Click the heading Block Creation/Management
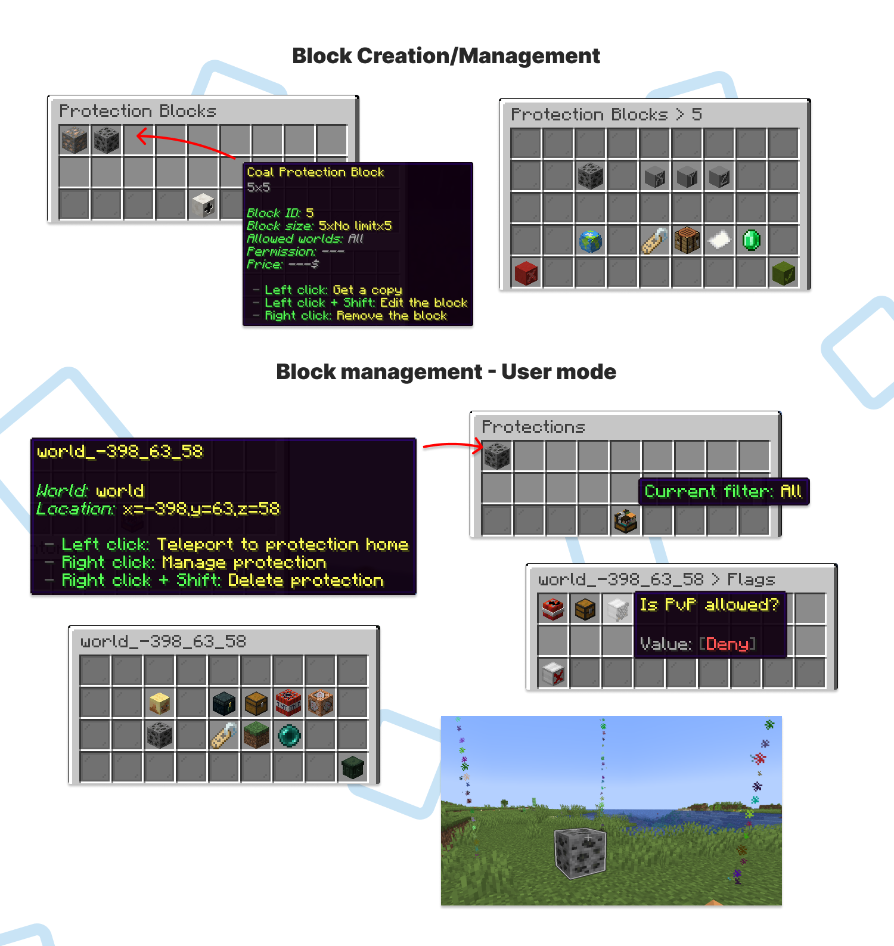coord(446,56)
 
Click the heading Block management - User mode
coord(446,372)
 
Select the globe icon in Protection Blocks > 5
coord(590,241)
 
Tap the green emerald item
coord(752,240)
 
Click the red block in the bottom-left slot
coord(526,273)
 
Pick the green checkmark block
coord(783,273)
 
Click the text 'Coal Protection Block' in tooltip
coord(315,172)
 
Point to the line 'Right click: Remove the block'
coord(355,315)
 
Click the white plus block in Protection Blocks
coord(203,205)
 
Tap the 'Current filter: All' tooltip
coord(724,491)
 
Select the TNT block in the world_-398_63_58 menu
coord(288,703)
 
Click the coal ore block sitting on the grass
coord(581,852)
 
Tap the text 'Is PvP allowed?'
coord(709,605)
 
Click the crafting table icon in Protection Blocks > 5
coord(687,241)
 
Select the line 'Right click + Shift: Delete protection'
coord(222,581)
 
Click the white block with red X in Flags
coord(553,674)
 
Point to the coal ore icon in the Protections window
coord(497,456)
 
